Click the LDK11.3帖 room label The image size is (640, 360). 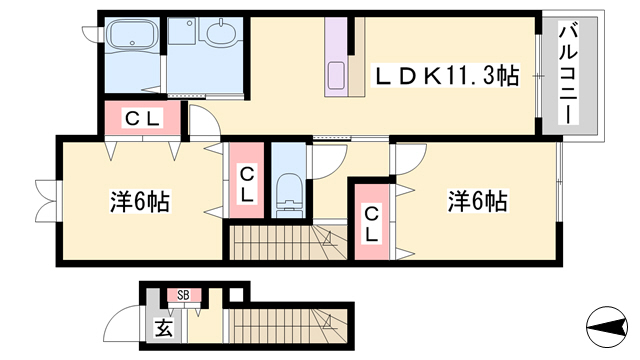coord(446,74)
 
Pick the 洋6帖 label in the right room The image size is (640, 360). coord(477,201)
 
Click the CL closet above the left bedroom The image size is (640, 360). coord(142,119)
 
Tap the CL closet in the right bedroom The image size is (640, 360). coord(370,223)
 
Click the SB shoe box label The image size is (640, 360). coord(183,294)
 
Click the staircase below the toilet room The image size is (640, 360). coord(285,243)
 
